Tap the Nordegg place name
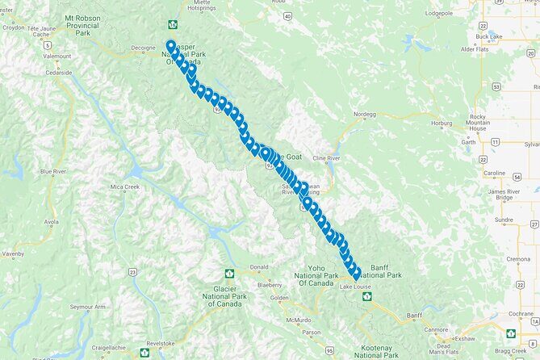(x=366, y=115)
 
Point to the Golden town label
(x=278, y=298)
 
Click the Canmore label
(x=437, y=329)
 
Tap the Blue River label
(x=53, y=171)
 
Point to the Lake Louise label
(x=355, y=287)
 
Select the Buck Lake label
(x=488, y=36)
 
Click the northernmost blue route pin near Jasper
(x=171, y=45)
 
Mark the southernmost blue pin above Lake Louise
(x=356, y=276)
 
